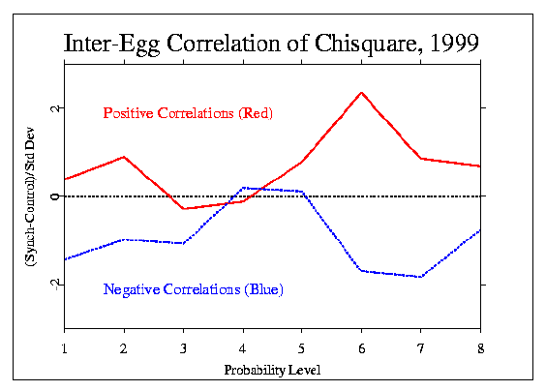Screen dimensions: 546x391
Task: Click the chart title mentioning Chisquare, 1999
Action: [x=272, y=45]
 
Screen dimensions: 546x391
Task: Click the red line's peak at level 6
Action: [x=361, y=93]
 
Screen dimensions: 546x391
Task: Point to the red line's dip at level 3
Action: [x=184, y=208]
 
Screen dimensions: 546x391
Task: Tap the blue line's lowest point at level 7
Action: [x=421, y=277]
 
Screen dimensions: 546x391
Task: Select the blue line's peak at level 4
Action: [x=243, y=188]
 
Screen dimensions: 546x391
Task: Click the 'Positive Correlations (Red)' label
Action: [x=188, y=113]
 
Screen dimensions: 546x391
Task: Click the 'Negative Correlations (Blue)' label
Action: [x=194, y=289]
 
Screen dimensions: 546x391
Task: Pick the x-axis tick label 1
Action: [x=65, y=348]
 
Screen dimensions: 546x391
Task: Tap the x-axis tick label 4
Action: [x=243, y=348]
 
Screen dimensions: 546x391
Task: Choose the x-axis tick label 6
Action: [x=362, y=348]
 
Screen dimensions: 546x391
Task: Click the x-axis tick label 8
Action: [x=481, y=348]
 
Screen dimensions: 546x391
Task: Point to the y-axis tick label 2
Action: [x=55, y=108]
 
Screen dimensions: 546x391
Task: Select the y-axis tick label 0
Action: [x=55, y=196]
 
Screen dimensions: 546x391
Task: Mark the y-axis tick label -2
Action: [x=55, y=285]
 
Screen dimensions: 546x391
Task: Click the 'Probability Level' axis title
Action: [x=272, y=370]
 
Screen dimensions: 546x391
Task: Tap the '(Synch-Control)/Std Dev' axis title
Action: [x=30, y=196]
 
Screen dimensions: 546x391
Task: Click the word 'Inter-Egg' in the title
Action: [x=111, y=45]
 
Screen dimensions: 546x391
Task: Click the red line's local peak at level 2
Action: [x=124, y=157]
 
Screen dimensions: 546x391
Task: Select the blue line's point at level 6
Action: [x=361, y=271]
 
